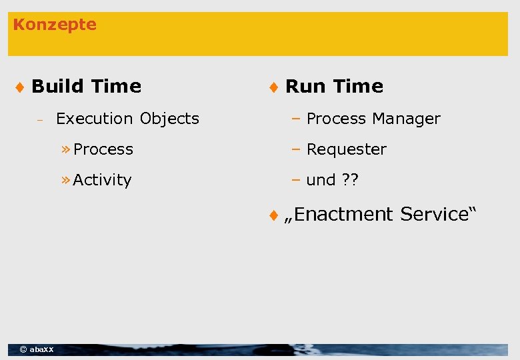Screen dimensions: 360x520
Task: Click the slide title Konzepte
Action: pyautogui.click(x=55, y=25)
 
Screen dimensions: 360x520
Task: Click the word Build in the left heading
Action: pyautogui.click(x=58, y=87)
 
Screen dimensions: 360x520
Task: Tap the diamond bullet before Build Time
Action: pyautogui.click(x=20, y=87)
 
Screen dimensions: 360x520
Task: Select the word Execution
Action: pyautogui.click(x=95, y=119)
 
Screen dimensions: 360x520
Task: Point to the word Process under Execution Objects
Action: pyautogui.click(x=103, y=149)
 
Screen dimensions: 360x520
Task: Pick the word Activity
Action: pyautogui.click(x=102, y=180)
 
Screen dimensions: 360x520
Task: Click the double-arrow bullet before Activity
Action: pyautogui.click(x=66, y=180)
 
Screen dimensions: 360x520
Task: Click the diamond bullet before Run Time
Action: pyautogui.click(x=273, y=87)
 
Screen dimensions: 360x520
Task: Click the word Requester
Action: pyautogui.click(x=346, y=149)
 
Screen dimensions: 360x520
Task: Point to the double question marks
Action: pyautogui.click(x=350, y=180)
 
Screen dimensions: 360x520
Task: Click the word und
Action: pyautogui.click(x=321, y=180)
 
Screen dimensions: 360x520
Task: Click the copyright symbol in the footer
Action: pyautogui.click(x=23, y=349)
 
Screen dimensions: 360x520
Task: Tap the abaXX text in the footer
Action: pyautogui.click(x=42, y=349)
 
